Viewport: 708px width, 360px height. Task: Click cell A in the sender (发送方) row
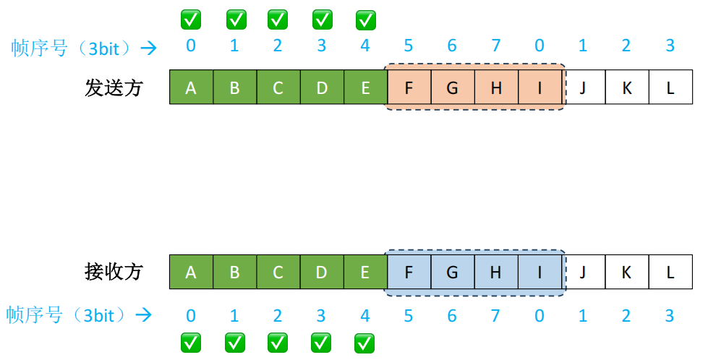click(x=191, y=87)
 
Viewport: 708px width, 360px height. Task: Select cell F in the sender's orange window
click(x=409, y=87)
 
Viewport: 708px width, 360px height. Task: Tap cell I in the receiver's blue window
click(x=540, y=272)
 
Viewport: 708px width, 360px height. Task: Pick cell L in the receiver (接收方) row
click(x=670, y=272)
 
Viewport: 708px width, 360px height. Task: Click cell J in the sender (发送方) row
click(x=584, y=87)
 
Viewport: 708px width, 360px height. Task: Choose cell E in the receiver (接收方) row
click(x=365, y=272)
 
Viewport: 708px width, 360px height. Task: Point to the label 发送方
click(x=114, y=88)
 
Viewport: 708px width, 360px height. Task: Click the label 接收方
click(x=114, y=272)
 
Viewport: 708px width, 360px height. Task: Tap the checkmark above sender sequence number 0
click(x=190, y=20)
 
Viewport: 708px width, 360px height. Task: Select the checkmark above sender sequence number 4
click(x=366, y=20)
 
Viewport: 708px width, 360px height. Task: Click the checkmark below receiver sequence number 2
click(x=278, y=341)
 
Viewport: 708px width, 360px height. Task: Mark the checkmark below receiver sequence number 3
click(x=322, y=341)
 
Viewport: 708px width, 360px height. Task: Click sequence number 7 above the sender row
click(x=496, y=46)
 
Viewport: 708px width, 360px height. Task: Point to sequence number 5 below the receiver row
click(x=409, y=315)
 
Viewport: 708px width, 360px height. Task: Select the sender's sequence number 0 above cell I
click(x=540, y=46)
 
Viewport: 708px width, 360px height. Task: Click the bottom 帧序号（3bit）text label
click(x=69, y=315)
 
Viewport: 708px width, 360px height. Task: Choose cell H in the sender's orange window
click(x=496, y=87)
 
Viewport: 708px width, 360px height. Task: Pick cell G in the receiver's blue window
click(x=453, y=272)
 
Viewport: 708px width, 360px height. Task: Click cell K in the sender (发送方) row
click(x=627, y=87)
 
